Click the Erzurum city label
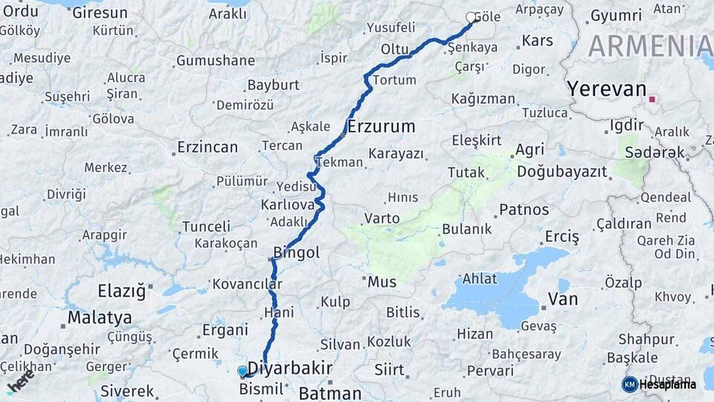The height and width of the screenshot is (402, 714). (381, 127)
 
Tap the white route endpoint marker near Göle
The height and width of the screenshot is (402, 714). (471, 17)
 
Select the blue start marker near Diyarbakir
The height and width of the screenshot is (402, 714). (242, 371)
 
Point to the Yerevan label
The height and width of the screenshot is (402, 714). (607, 89)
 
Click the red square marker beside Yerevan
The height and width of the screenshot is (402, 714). (652, 99)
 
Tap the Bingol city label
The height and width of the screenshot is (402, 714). (297, 253)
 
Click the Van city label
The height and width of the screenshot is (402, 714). (562, 299)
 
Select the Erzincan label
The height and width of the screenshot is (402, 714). (208, 147)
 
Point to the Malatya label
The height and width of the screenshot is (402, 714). (100, 318)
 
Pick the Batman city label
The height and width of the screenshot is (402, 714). (329, 393)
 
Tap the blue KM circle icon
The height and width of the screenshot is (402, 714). (629, 384)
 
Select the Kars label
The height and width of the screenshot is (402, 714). (538, 40)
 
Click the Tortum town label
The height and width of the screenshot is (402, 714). (394, 80)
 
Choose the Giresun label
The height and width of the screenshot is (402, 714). (100, 13)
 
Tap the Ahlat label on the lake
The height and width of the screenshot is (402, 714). (480, 278)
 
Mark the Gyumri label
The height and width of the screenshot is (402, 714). (617, 16)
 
